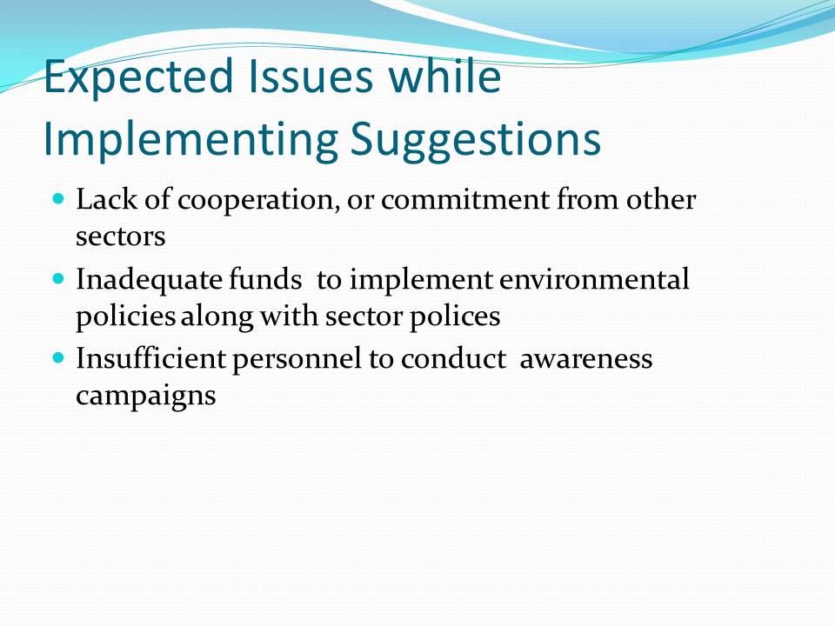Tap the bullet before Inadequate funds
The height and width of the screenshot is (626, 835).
click(x=58, y=278)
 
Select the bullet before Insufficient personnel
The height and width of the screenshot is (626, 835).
click(x=58, y=357)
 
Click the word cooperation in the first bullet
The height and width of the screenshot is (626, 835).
click(x=258, y=201)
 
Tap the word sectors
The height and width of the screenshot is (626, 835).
click(x=120, y=237)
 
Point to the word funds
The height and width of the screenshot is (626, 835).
click(x=265, y=279)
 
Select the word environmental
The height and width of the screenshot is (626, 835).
click(x=594, y=279)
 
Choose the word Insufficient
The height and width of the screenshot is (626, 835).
click(x=150, y=357)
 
